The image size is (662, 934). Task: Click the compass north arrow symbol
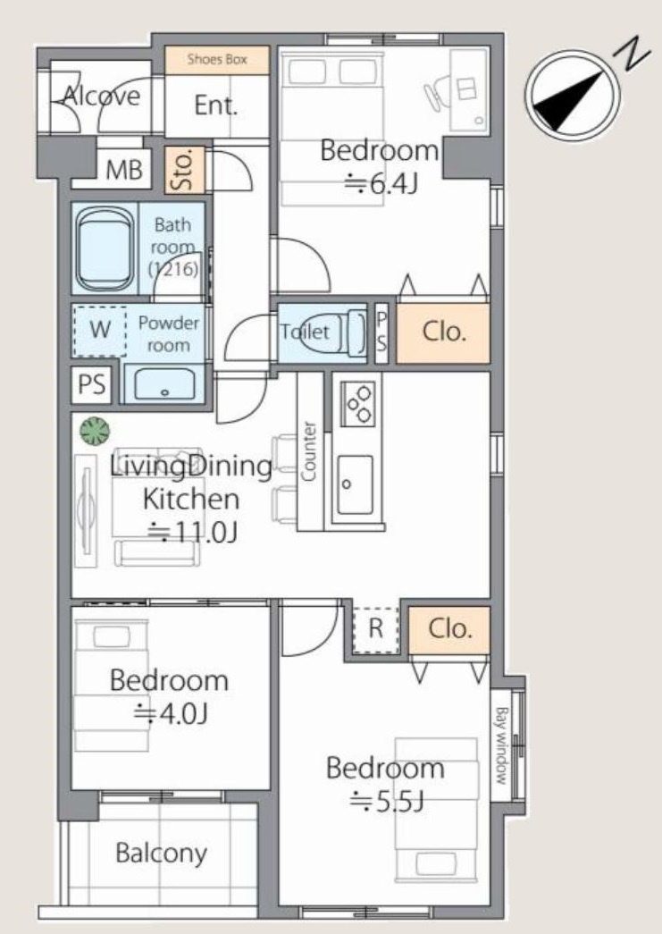coord(573,94)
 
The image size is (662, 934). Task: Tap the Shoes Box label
coord(216,60)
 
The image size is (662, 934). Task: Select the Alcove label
coord(101,97)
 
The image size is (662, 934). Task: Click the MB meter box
coord(124,170)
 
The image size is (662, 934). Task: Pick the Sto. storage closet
coord(185,170)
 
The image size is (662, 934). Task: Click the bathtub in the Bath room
coord(105,248)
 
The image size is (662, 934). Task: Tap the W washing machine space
coord(100,330)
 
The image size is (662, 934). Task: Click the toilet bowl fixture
coord(352,332)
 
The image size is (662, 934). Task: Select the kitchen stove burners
coord(358,401)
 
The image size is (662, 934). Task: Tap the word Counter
coord(310,451)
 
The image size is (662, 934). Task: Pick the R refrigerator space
coord(375,629)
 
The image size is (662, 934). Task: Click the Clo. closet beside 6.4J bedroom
coord(443,332)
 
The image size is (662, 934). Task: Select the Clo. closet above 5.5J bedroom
coord(449,629)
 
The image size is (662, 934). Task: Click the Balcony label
coord(161,853)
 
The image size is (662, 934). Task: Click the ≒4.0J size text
coord(169,713)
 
